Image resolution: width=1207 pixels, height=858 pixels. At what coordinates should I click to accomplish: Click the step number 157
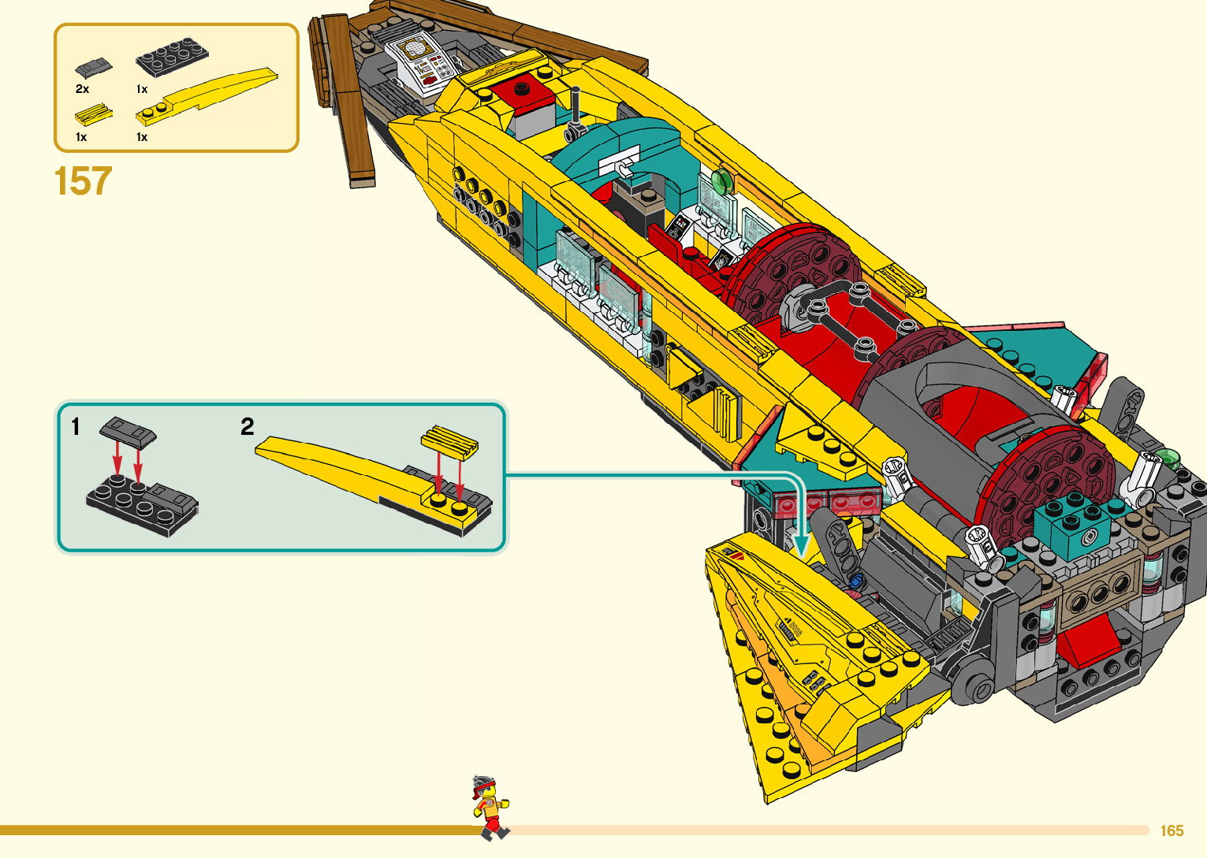pos(83,181)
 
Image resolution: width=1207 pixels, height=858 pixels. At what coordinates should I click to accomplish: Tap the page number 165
pos(1172,831)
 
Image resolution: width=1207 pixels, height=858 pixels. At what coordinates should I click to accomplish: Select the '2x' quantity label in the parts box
pos(82,89)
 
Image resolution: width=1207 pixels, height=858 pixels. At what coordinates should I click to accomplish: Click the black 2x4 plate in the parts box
pos(172,57)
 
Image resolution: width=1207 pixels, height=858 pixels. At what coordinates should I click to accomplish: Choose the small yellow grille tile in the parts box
pos(93,114)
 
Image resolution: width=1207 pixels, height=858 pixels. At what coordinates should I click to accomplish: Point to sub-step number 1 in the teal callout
pos(76,427)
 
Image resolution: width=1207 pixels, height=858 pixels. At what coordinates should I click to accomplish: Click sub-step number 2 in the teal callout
pos(248,427)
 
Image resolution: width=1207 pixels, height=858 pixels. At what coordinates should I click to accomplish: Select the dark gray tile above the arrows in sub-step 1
pos(128,431)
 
